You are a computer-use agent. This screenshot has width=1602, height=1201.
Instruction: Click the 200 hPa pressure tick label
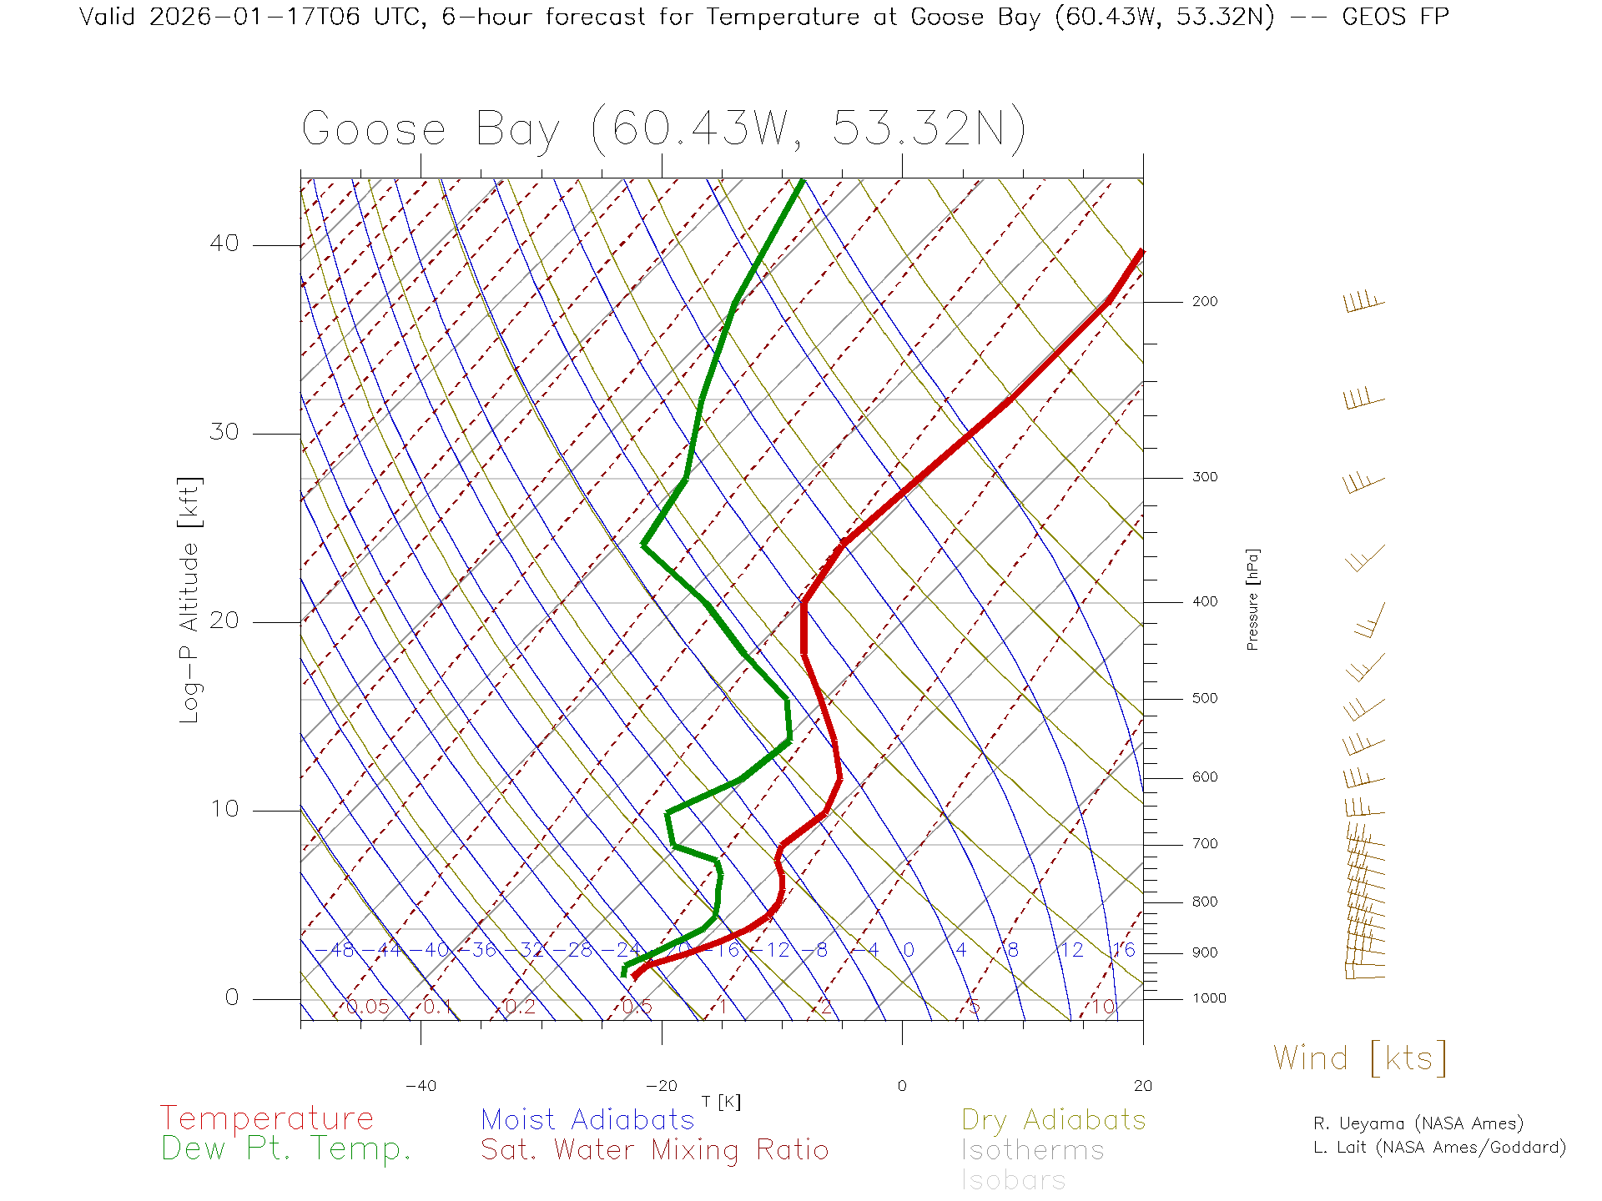(x=1204, y=302)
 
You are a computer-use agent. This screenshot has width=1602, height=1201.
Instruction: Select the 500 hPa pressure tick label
(x=1204, y=699)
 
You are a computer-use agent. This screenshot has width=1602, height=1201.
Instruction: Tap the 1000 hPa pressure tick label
(x=1208, y=998)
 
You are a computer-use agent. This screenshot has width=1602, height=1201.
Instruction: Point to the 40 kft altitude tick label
(x=224, y=244)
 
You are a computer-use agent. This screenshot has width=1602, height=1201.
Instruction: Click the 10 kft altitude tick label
(x=224, y=809)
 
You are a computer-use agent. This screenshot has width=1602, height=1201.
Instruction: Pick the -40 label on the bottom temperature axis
(x=421, y=1086)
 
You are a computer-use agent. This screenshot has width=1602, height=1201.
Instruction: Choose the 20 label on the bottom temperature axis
(x=1142, y=1086)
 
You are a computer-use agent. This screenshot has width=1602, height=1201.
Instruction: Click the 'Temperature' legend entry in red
(x=267, y=1118)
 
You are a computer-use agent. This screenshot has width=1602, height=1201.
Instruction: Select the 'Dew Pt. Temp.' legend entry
(x=286, y=1149)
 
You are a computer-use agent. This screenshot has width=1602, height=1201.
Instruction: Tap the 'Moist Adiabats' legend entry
(x=587, y=1120)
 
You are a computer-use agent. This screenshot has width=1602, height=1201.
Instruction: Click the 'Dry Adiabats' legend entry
(x=1054, y=1120)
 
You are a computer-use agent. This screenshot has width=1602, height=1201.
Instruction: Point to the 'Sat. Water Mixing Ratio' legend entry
(x=654, y=1150)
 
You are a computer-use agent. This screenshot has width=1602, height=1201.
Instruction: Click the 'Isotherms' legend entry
(x=1032, y=1151)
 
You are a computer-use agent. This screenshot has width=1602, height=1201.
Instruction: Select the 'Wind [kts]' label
(x=1360, y=1058)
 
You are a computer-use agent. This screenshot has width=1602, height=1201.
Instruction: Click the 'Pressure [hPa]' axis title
(x=1252, y=599)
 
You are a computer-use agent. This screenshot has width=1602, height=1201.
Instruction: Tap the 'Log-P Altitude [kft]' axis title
(x=190, y=600)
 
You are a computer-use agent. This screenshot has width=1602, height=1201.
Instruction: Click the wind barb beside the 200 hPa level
(x=1363, y=302)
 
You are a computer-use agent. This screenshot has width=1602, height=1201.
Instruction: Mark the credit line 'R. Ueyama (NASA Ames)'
(x=1418, y=1123)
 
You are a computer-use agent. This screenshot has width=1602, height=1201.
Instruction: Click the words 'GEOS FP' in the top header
(x=1395, y=17)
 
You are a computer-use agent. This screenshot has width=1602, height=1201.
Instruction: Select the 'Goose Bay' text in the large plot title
(x=431, y=130)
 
